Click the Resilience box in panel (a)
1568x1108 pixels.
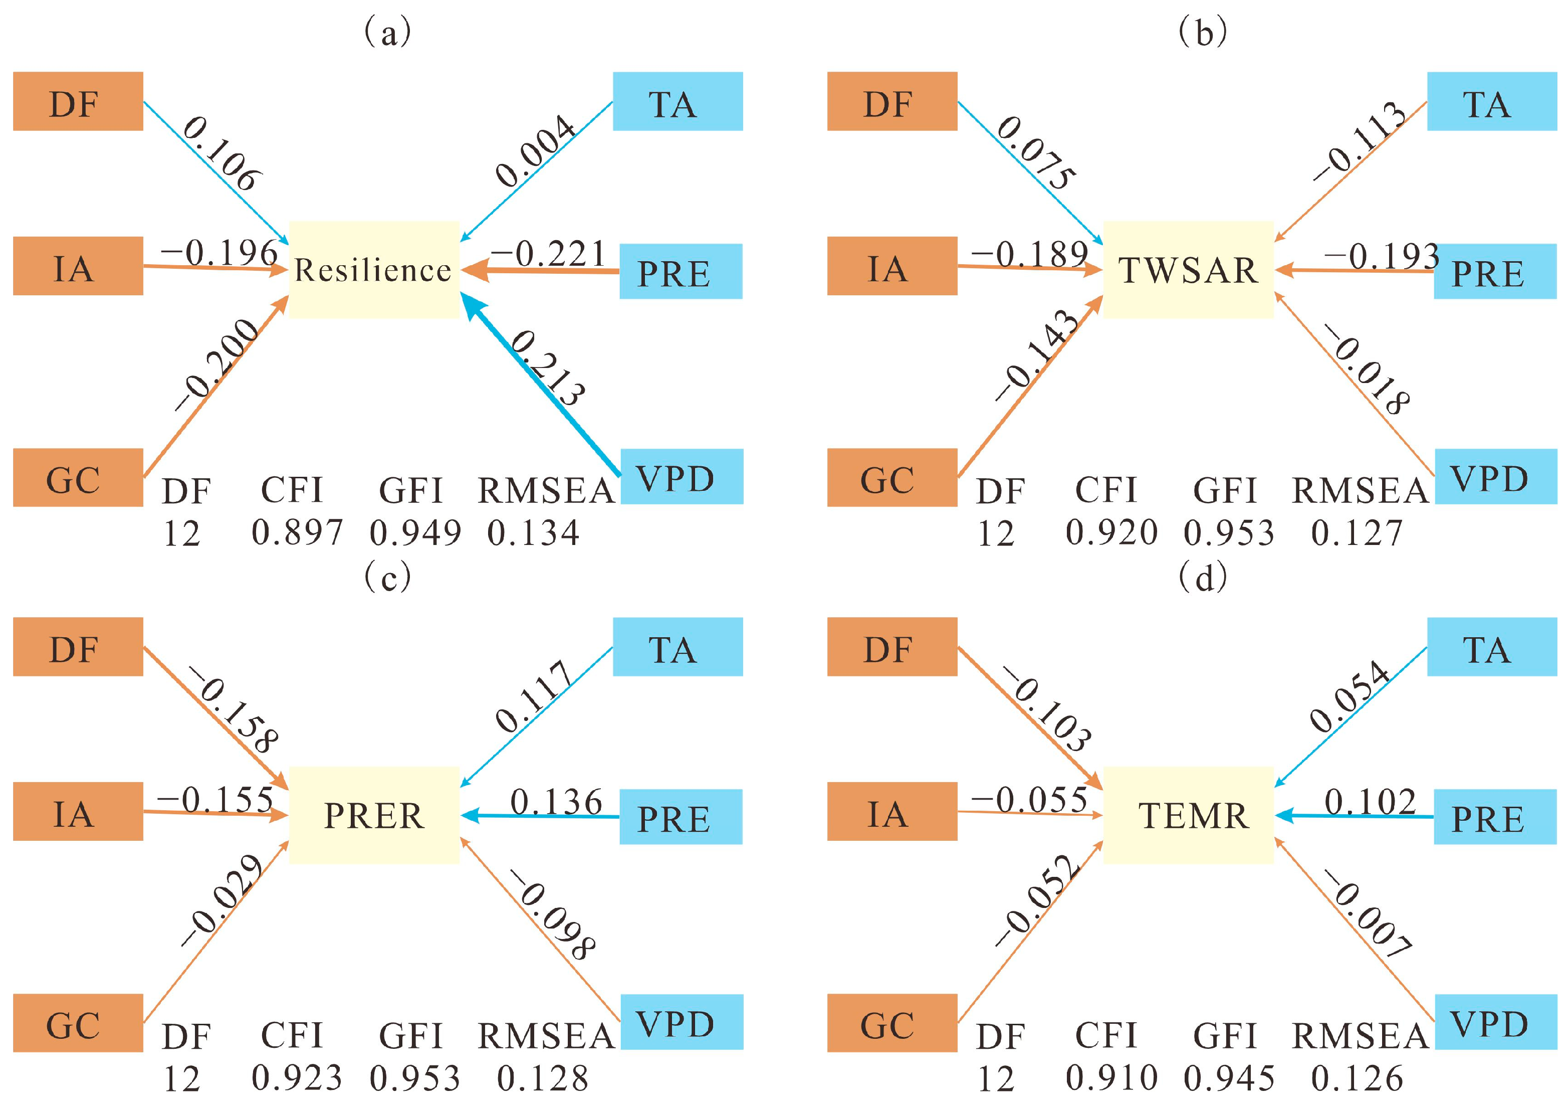(373, 270)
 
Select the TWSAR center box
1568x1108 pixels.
(1188, 270)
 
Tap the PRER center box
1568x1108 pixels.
(373, 815)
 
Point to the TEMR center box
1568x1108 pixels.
(1188, 815)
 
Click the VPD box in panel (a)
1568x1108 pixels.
(681, 477)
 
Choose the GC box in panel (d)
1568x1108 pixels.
(892, 1023)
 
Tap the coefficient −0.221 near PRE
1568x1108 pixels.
(548, 254)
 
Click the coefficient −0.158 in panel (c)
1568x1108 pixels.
(234, 710)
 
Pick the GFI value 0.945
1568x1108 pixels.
(1229, 1078)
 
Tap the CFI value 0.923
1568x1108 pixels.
(297, 1078)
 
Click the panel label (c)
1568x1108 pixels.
(387, 577)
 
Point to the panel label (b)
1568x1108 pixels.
(1203, 32)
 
